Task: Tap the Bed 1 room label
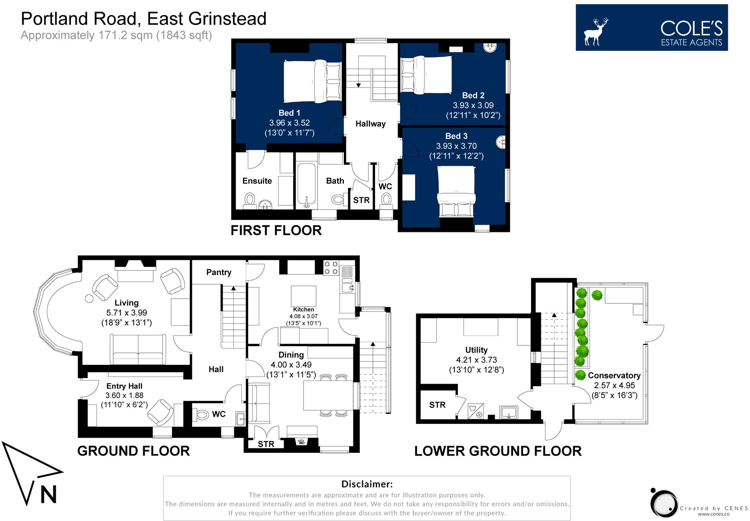tap(289, 113)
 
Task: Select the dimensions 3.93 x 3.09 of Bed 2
tap(473, 105)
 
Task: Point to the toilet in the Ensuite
tap(250, 198)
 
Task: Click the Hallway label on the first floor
tap(370, 124)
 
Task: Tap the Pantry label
tap(219, 272)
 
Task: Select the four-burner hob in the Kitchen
tap(331, 268)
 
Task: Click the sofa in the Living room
tap(138, 349)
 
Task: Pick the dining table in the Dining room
tap(328, 395)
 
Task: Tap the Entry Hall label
tap(124, 386)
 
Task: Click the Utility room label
tap(476, 350)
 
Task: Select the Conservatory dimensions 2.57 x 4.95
tap(614, 385)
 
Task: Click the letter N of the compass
tap(48, 495)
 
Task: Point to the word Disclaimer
tap(367, 484)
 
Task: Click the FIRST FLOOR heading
tap(276, 230)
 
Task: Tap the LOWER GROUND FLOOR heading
tap(497, 451)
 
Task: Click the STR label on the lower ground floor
tap(437, 405)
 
